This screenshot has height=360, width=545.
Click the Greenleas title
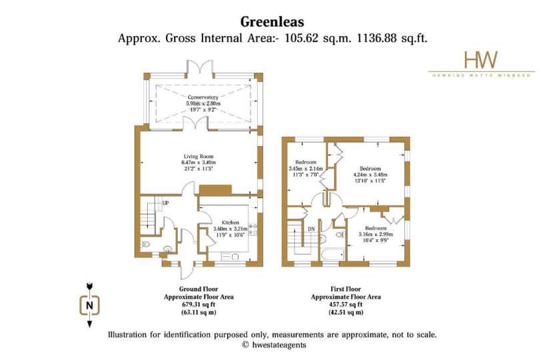(272, 22)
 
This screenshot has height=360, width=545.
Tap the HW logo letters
(481, 60)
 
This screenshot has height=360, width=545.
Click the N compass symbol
(90, 305)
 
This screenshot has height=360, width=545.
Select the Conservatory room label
(203, 97)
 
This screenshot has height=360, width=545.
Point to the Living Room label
(199, 157)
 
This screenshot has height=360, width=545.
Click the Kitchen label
(231, 223)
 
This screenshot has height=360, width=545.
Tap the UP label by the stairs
(165, 203)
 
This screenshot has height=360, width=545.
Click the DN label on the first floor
(311, 229)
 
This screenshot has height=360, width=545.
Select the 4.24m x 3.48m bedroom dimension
(370, 175)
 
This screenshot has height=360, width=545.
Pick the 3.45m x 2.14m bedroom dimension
(306, 169)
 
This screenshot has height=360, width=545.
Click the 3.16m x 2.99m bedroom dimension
(376, 235)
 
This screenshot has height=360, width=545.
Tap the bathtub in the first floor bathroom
(332, 255)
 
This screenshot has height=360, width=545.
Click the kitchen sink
(230, 257)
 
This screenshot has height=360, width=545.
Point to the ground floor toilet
(145, 245)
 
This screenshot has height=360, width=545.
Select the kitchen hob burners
(253, 229)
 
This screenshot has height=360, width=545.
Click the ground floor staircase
(148, 215)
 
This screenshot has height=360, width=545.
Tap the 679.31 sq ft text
(199, 305)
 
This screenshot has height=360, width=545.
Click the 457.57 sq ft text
(346, 305)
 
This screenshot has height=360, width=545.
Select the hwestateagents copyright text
(274, 345)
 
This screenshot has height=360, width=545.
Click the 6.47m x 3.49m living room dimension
(199, 163)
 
